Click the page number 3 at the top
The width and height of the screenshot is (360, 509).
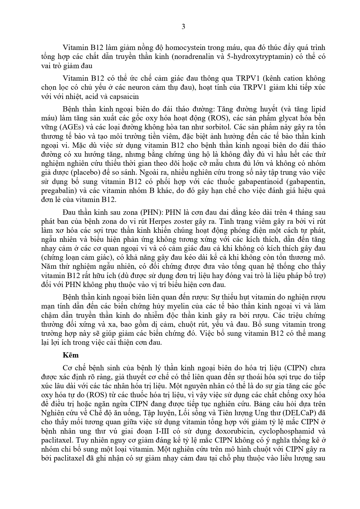click(183, 27)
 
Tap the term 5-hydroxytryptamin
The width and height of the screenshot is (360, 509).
click(256, 56)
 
